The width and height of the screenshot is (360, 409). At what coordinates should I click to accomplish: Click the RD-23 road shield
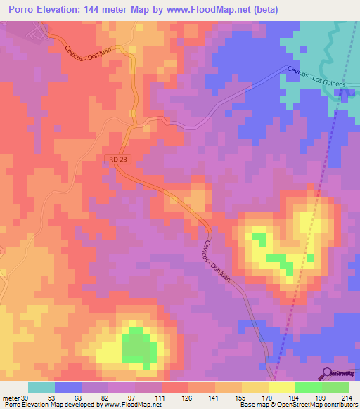119,160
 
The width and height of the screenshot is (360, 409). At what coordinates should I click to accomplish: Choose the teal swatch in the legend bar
41,387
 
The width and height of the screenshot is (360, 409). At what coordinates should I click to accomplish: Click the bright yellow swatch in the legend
282,387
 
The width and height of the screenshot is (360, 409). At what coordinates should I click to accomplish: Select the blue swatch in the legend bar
68,387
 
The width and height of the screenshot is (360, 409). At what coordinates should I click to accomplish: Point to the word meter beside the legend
11,398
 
